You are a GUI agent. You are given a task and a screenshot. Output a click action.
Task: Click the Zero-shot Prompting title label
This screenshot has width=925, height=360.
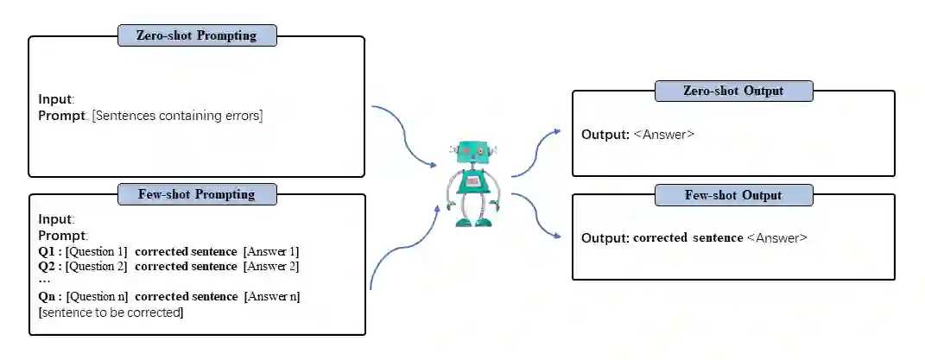(198, 35)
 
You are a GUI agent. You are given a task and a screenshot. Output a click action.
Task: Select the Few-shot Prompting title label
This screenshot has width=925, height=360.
(198, 194)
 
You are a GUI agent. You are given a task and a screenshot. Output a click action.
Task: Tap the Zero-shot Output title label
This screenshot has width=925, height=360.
(733, 91)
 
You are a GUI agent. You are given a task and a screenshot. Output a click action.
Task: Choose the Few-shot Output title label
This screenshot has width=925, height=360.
(733, 194)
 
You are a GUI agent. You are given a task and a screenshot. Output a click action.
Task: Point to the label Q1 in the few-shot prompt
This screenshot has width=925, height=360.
(50, 251)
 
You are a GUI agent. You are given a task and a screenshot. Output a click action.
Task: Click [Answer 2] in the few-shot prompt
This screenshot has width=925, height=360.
(271, 266)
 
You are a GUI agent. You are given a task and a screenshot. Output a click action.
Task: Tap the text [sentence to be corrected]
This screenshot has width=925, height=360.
(111, 312)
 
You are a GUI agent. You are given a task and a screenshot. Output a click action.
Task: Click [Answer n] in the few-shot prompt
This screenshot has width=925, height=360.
(272, 296)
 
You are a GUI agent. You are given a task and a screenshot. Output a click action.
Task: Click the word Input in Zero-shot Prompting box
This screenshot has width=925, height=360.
(56, 98)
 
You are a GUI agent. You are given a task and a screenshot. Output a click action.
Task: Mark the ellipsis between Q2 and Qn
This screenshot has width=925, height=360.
(45, 281)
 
